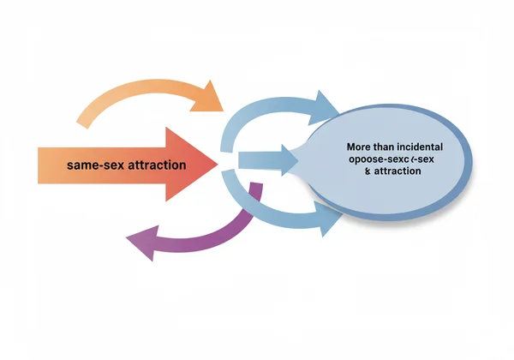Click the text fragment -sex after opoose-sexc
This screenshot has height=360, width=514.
(x=416, y=159)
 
